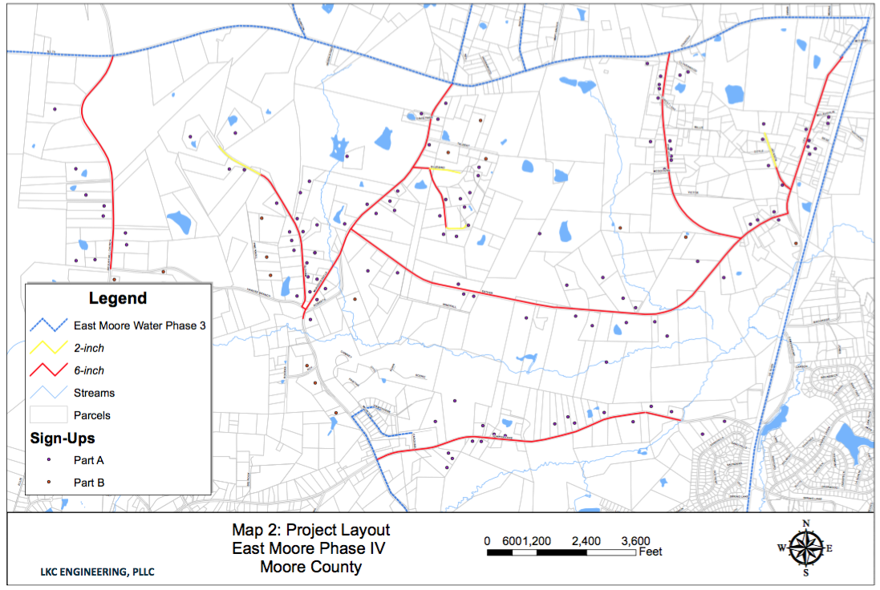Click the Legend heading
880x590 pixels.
(118, 298)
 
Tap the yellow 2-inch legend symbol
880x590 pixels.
(46, 348)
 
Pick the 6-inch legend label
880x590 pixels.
(89, 370)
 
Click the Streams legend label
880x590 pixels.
(94, 393)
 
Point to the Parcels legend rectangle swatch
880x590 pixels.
(46, 415)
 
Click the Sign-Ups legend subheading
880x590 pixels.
(63, 438)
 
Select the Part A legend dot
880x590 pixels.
(47, 460)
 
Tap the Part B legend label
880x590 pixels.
(89, 483)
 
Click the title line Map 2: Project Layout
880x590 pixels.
(310, 530)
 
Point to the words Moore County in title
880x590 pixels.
(310, 568)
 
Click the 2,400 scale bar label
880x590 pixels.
(586, 540)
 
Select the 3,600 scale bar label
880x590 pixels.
(635, 540)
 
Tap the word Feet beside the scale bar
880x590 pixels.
(651, 552)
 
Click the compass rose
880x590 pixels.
(805, 549)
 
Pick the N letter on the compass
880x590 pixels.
(805, 523)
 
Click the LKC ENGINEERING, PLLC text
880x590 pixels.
(97, 572)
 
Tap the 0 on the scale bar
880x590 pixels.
(487, 540)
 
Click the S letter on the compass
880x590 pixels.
(805, 573)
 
